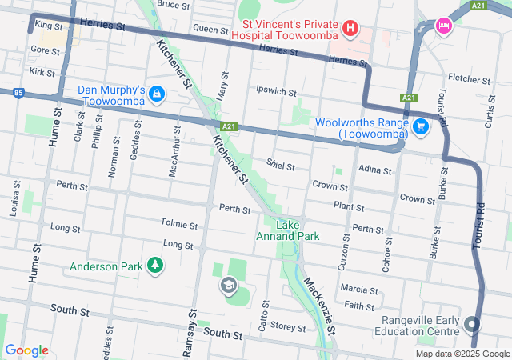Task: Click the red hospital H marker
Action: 350,30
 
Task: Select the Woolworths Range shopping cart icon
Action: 420,126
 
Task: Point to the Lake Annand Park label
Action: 287,230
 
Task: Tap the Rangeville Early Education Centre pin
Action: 472,325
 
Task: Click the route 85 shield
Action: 18,94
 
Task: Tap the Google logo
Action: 26,350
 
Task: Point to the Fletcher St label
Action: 469,79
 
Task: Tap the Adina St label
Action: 375,170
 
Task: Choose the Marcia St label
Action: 358,289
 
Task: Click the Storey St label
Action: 282,326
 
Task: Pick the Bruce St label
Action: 174,5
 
